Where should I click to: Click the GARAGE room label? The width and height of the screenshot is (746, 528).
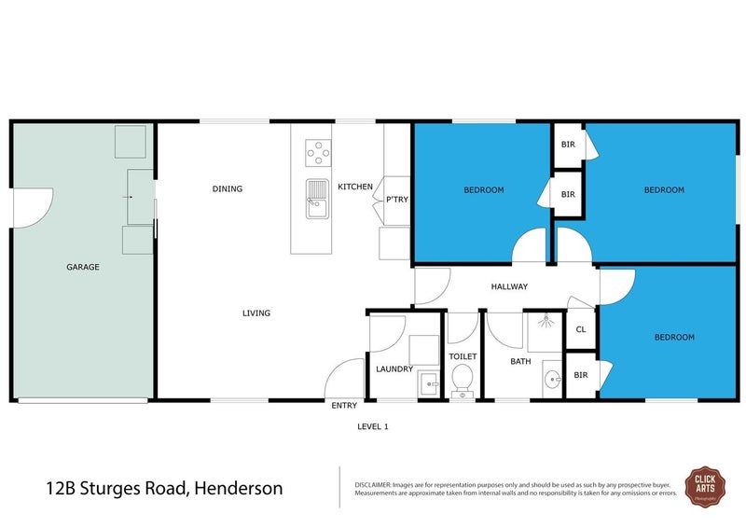click(82, 267)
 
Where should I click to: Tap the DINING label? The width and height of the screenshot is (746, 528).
click(227, 189)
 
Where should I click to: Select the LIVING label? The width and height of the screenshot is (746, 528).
click(256, 313)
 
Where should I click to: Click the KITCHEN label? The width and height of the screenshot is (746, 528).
click(355, 188)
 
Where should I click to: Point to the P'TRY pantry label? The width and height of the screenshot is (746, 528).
click(396, 200)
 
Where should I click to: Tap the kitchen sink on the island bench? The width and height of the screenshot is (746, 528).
click(315, 197)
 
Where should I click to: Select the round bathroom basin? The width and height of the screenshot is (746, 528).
click(551, 380)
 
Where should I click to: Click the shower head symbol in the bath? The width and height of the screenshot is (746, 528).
click(546, 320)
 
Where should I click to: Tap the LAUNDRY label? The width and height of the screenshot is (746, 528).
click(394, 369)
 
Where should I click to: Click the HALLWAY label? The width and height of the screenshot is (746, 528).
click(510, 287)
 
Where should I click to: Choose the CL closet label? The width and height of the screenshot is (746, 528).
click(581, 330)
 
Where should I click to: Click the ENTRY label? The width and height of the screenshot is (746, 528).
click(343, 406)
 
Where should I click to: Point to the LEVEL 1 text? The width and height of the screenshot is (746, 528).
click(372, 427)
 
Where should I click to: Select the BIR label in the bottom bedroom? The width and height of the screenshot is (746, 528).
click(581, 375)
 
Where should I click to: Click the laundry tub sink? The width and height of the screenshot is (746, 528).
click(429, 383)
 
